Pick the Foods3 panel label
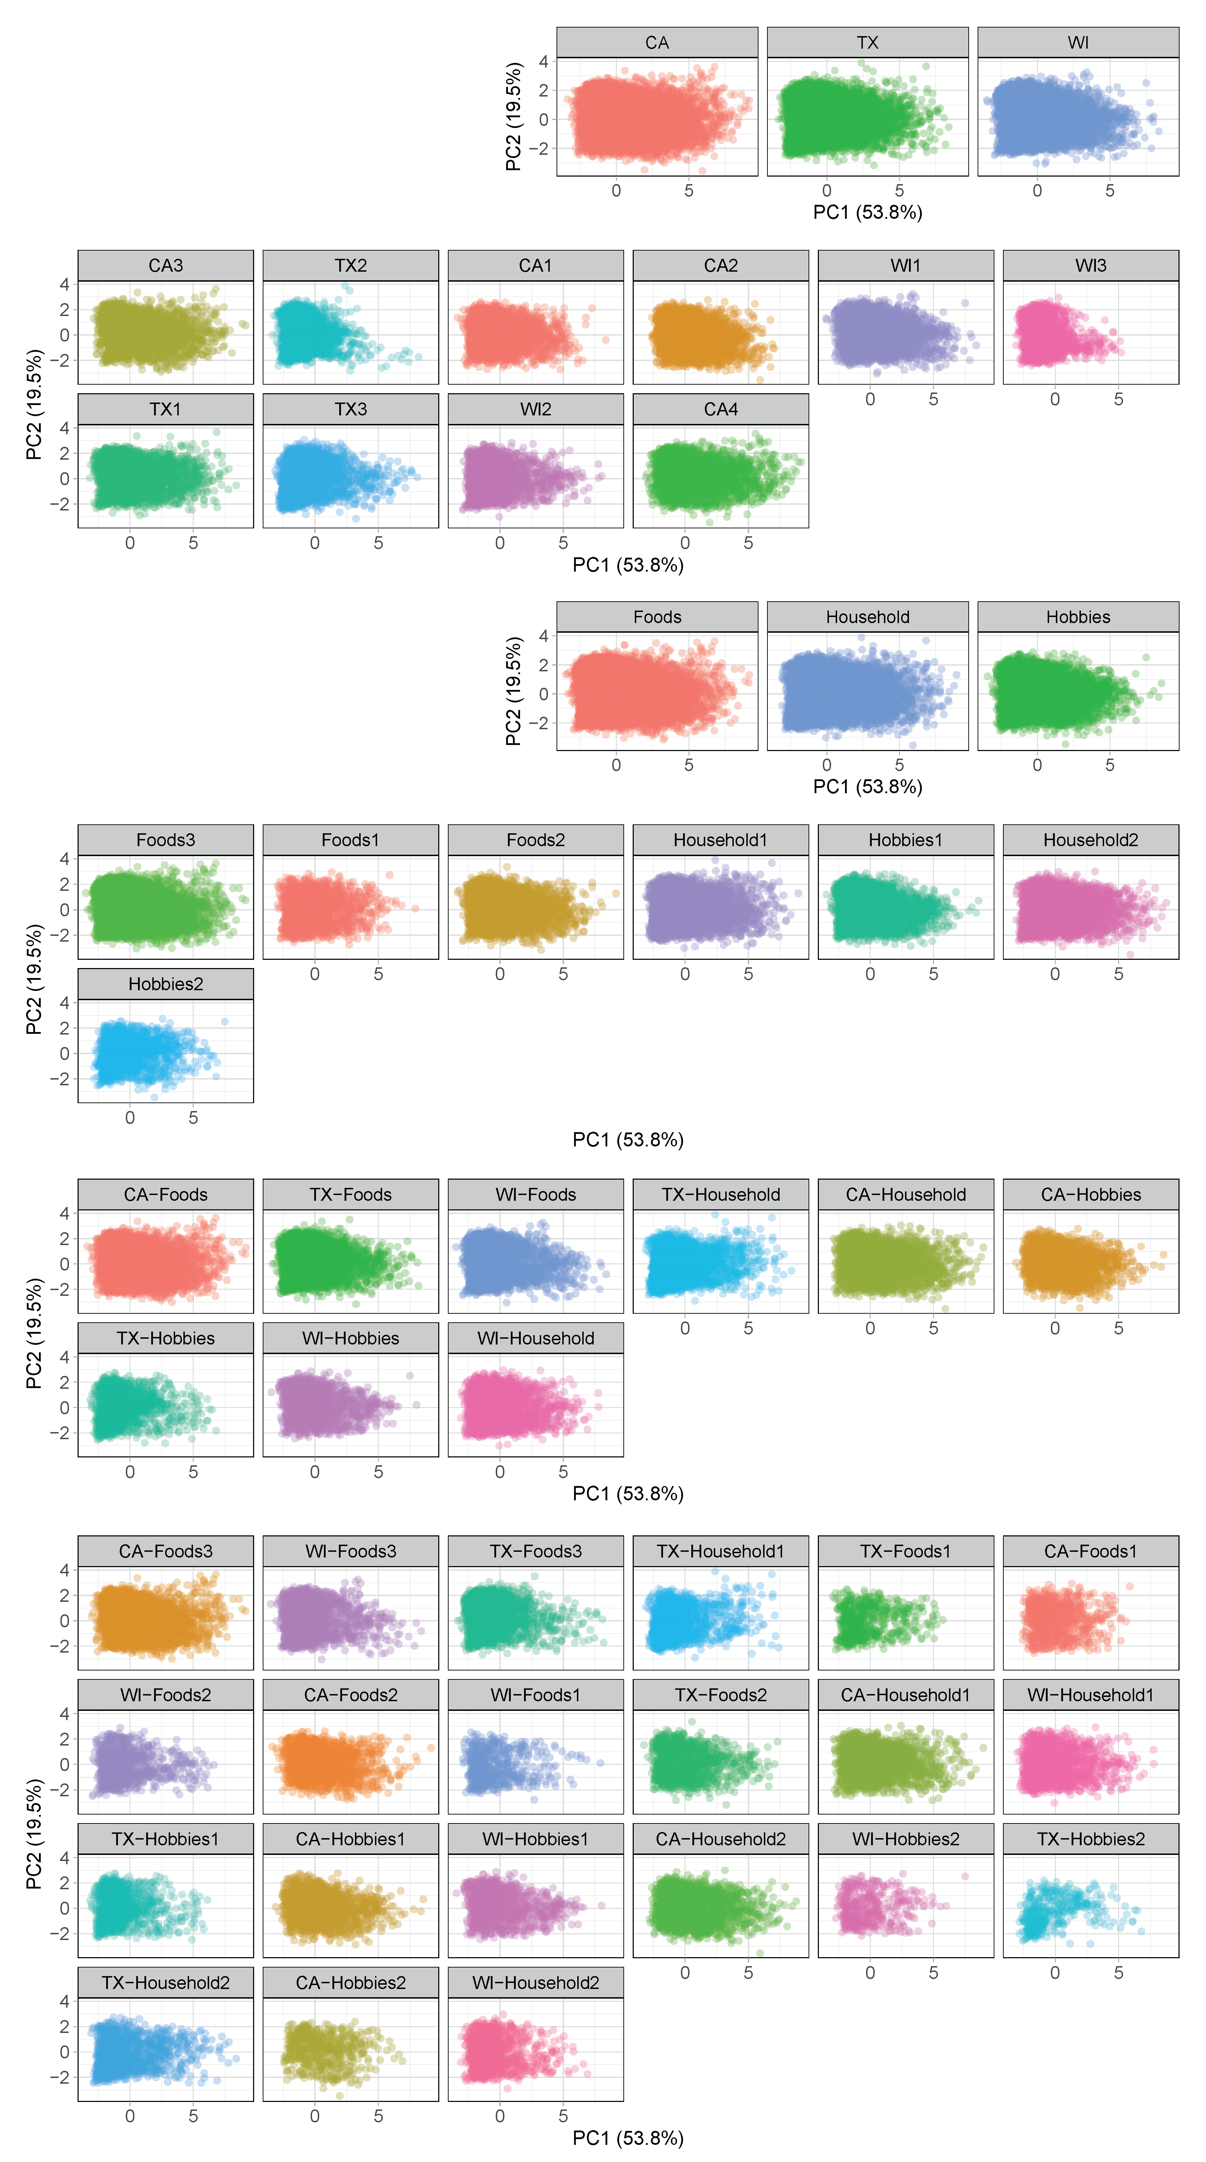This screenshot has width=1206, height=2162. click(165, 840)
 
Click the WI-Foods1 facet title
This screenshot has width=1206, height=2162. click(535, 1695)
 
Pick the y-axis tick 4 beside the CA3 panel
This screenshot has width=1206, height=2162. click(65, 285)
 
